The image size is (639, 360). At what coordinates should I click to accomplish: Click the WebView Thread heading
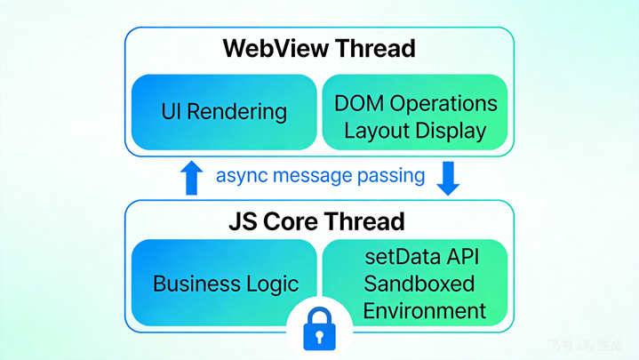(x=319, y=48)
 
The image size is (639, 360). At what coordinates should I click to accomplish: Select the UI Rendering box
(x=224, y=112)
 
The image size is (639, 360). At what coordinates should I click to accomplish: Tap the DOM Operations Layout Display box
(x=415, y=112)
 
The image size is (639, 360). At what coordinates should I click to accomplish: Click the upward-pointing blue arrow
(x=192, y=178)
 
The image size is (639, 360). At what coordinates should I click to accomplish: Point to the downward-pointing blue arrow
(x=448, y=179)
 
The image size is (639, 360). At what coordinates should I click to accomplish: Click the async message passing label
(x=320, y=176)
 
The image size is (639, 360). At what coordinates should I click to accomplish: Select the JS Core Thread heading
(x=316, y=221)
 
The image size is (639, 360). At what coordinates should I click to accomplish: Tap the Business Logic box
(x=224, y=282)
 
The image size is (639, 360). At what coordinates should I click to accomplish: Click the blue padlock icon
(x=320, y=329)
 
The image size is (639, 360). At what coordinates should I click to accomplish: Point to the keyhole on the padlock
(x=320, y=337)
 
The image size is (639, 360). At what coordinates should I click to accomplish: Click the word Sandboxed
(x=419, y=284)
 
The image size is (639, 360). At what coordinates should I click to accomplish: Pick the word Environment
(x=424, y=311)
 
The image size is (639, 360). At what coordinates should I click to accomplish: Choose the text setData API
(x=422, y=257)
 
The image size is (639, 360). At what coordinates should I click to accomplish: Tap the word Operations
(x=443, y=104)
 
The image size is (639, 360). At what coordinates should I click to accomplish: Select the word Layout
(x=377, y=132)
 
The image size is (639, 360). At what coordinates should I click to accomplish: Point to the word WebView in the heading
(x=276, y=48)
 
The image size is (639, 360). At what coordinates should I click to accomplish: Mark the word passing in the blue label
(x=391, y=177)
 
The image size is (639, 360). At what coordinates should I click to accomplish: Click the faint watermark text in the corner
(x=586, y=345)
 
